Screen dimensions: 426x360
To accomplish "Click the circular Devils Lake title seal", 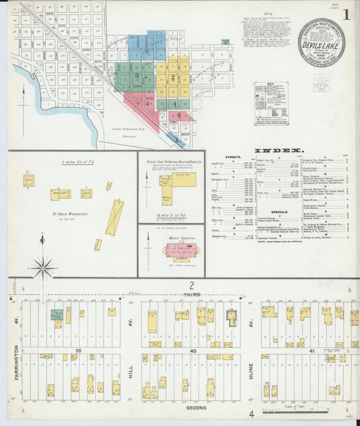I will pyautogui.click(x=322, y=42).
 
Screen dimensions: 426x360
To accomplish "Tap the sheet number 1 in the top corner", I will pyautogui.click(x=346, y=13).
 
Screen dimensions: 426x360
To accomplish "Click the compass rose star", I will pyautogui.click(x=43, y=268).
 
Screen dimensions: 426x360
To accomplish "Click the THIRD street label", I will pyautogui.click(x=192, y=295).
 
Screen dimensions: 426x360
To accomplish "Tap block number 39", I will pyautogui.click(x=78, y=350).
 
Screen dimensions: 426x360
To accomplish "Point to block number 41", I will pyautogui.click(x=312, y=350).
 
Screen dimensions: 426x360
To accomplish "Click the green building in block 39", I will pyautogui.click(x=57, y=315).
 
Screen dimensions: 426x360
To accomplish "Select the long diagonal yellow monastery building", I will pyautogui.click(x=115, y=217).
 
